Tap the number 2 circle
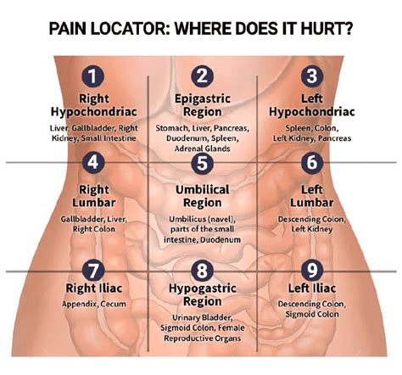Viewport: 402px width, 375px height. tap(201, 77)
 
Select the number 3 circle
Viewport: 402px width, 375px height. tap(312, 76)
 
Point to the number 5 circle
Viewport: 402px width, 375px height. tap(201, 162)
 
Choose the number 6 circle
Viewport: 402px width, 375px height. tap(312, 161)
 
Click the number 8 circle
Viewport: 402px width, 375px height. tap(201, 271)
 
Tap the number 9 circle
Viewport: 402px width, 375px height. tap(312, 271)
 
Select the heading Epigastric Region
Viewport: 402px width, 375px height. tap(201, 104)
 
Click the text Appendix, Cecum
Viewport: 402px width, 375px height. tap(93, 303)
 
